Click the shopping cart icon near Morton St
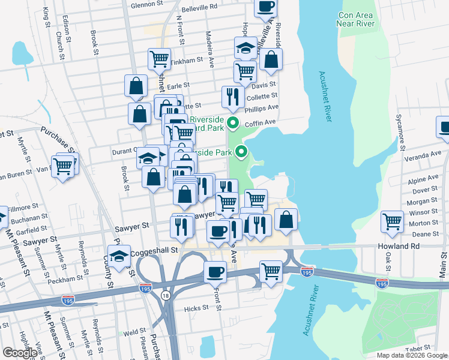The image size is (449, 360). pos(392,221)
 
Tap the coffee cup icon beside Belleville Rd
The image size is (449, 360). pos(265,7)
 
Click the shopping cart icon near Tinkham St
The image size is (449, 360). pos(159,59)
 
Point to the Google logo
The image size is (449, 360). pos(20,353)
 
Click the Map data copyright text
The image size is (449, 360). pos(412,355)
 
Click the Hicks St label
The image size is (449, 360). pos(196,308)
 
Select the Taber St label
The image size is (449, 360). pos(418,348)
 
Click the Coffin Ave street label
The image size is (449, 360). pos(262,122)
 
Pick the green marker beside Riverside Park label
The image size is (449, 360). pos(241,152)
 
